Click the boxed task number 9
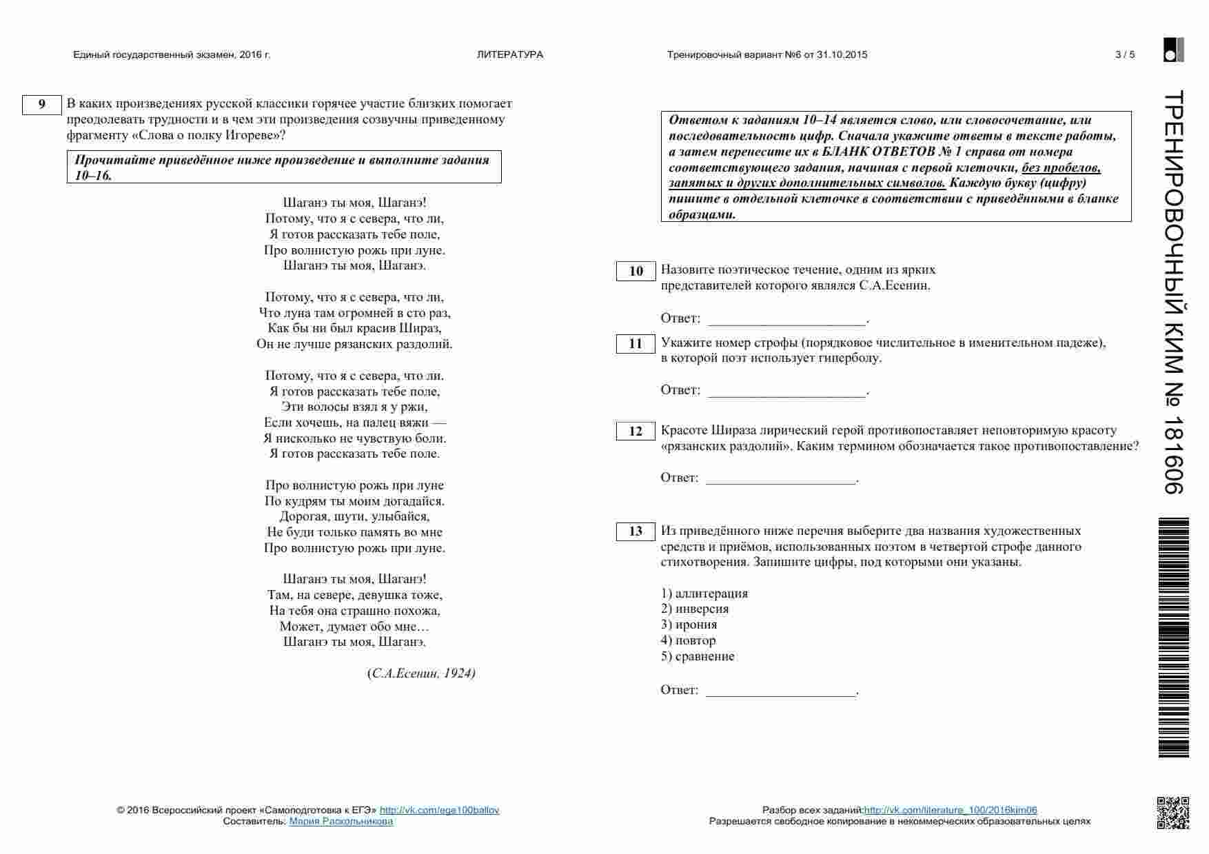point(42,105)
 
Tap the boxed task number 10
point(636,272)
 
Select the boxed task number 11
point(636,344)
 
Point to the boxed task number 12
point(636,431)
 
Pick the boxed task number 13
point(636,531)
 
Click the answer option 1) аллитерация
point(704,593)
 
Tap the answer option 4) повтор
point(688,641)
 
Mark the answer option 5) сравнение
point(698,657)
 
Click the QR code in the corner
point(1172,813)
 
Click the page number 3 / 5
point(1124,55)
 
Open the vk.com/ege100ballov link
point(439,811)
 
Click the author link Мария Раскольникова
point(341,822)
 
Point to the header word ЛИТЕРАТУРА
point(510,55)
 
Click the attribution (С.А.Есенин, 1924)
point(422,674)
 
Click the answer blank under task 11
point(787,392)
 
